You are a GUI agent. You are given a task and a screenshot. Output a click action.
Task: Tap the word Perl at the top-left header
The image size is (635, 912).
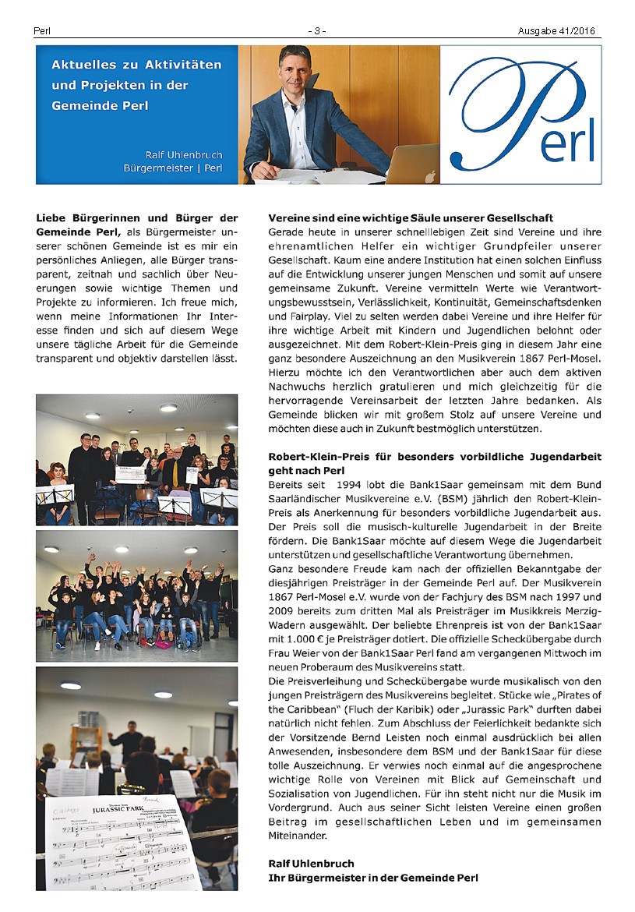[x=42, y=31]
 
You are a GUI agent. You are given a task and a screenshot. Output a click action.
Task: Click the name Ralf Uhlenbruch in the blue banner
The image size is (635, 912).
[x=184, y=154]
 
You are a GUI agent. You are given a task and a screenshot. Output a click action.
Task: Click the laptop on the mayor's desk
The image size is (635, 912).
[x=412, y=164]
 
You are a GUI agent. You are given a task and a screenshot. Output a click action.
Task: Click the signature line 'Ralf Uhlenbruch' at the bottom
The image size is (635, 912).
[x=311, y=864]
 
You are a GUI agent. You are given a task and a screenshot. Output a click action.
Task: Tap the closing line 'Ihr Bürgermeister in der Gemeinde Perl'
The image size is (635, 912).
[x=372, y=878]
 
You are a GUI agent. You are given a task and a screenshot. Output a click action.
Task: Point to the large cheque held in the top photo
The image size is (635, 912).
[x=132, y=472]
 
